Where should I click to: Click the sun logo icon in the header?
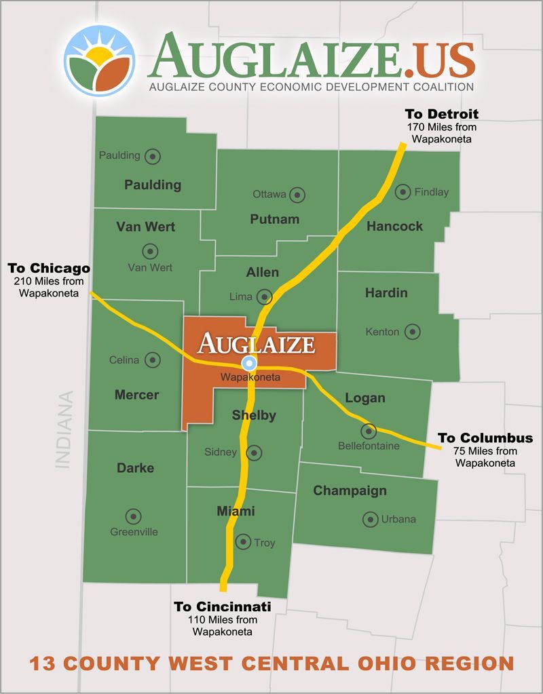click(x=100, y=60)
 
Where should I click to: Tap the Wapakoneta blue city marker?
click(x=249, y=363)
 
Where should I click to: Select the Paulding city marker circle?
click(x=153, y=156)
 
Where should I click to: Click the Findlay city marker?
click(x=403, y=191)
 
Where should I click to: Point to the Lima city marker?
click(x=265, y=296)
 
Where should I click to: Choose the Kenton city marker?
click(x=412, y=332)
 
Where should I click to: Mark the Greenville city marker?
click(x=133, y=516)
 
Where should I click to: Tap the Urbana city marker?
click(x=370, y=520)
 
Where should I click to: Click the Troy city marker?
click(x=243, y=541)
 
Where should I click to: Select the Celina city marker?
click(x=153, y=360)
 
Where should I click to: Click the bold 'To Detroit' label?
click(x=441, y=113)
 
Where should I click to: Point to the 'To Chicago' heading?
click(x=49, y=267)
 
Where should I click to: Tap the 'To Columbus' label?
click(x=485, y=438)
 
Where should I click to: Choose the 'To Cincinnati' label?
click(x=223, y=606)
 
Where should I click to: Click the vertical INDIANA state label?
click(x=64, y=429)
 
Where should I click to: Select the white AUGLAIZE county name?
click(x=256, y=343)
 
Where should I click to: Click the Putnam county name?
click(x=274, y=219)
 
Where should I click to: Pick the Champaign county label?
click(x=350, y=490)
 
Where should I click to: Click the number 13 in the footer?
click(x=42, y=663)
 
